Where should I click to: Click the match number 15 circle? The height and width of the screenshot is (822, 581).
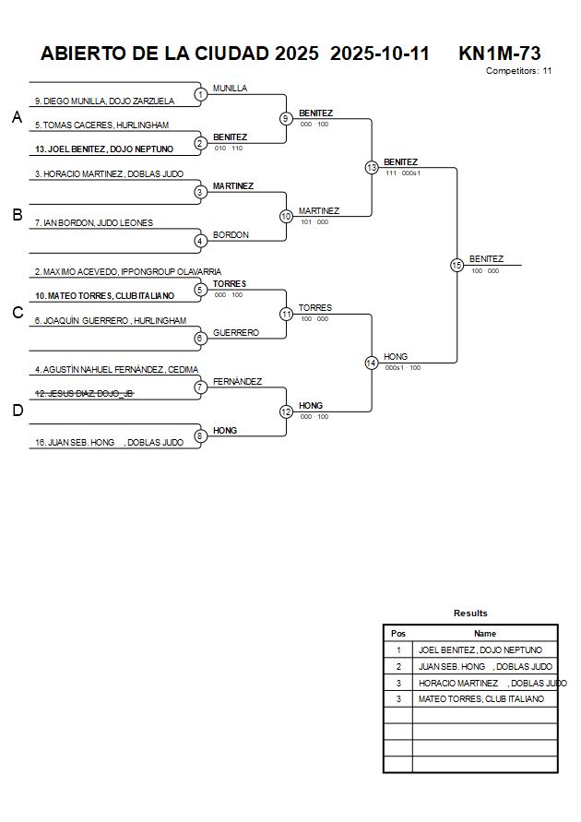[x=456, y=265]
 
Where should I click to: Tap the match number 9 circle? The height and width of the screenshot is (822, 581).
[x=286, y=118]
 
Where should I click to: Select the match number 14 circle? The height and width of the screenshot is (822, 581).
[x=371, y=363]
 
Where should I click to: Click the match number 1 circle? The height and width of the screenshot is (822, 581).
[x=200, y=94]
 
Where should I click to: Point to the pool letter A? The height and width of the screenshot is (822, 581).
[x=17, y=117]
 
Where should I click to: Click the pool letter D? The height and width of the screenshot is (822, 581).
[x=17, y=411]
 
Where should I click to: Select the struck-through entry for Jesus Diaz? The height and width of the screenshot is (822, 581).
[x=85, y=394]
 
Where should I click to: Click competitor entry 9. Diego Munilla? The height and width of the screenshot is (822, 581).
[x=104, y=101]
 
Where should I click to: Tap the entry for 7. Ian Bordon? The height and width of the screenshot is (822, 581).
[x=93, y=222]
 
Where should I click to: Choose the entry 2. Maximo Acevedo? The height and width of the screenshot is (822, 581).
[x=127, y=271]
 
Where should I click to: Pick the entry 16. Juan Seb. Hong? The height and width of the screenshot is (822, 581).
[x=109, y=443]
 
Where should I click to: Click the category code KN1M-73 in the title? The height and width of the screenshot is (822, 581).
[x=499, y=54]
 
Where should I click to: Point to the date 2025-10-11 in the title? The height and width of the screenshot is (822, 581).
[x=379, y=54]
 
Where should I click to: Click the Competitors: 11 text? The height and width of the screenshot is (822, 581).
[x=518, y=70]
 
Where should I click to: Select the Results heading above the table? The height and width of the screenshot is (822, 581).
[x=470, y=614]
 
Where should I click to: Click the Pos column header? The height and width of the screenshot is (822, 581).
[x=397, y=634]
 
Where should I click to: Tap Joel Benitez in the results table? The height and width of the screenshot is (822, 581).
[x=480, y=650]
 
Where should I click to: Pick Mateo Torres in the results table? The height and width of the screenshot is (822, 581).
[x=480, y=699]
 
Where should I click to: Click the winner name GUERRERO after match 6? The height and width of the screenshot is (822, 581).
[x=235, y=332]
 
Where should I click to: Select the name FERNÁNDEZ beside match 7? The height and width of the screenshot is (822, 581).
[x=237, y=381]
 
